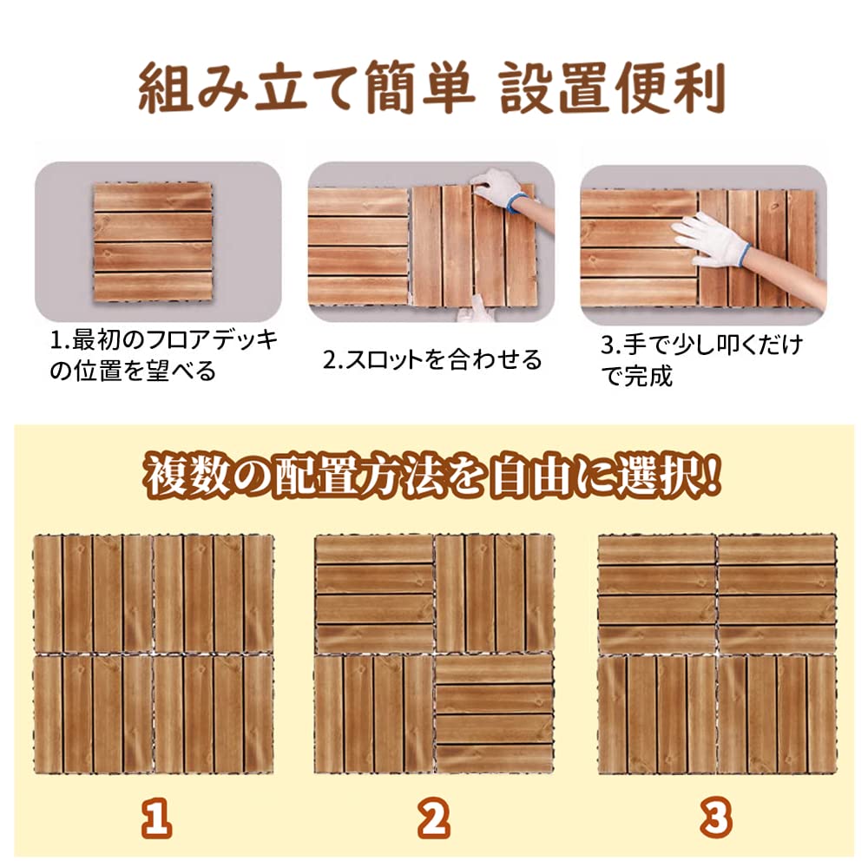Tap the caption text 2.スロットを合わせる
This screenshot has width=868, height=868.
click(432, 358)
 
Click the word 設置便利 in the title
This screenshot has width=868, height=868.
click(611, 89)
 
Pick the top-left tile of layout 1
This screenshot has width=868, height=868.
click(93, 593)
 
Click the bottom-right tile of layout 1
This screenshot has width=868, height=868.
click(214, 713)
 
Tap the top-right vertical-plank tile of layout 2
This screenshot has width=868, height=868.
click(494, 593)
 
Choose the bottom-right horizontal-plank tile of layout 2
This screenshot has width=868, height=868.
click(494, 713)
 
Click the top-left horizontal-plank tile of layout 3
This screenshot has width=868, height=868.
click(656, 593)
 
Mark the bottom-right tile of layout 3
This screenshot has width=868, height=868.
click(777, 713)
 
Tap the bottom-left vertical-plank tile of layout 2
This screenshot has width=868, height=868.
click(373, 713)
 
